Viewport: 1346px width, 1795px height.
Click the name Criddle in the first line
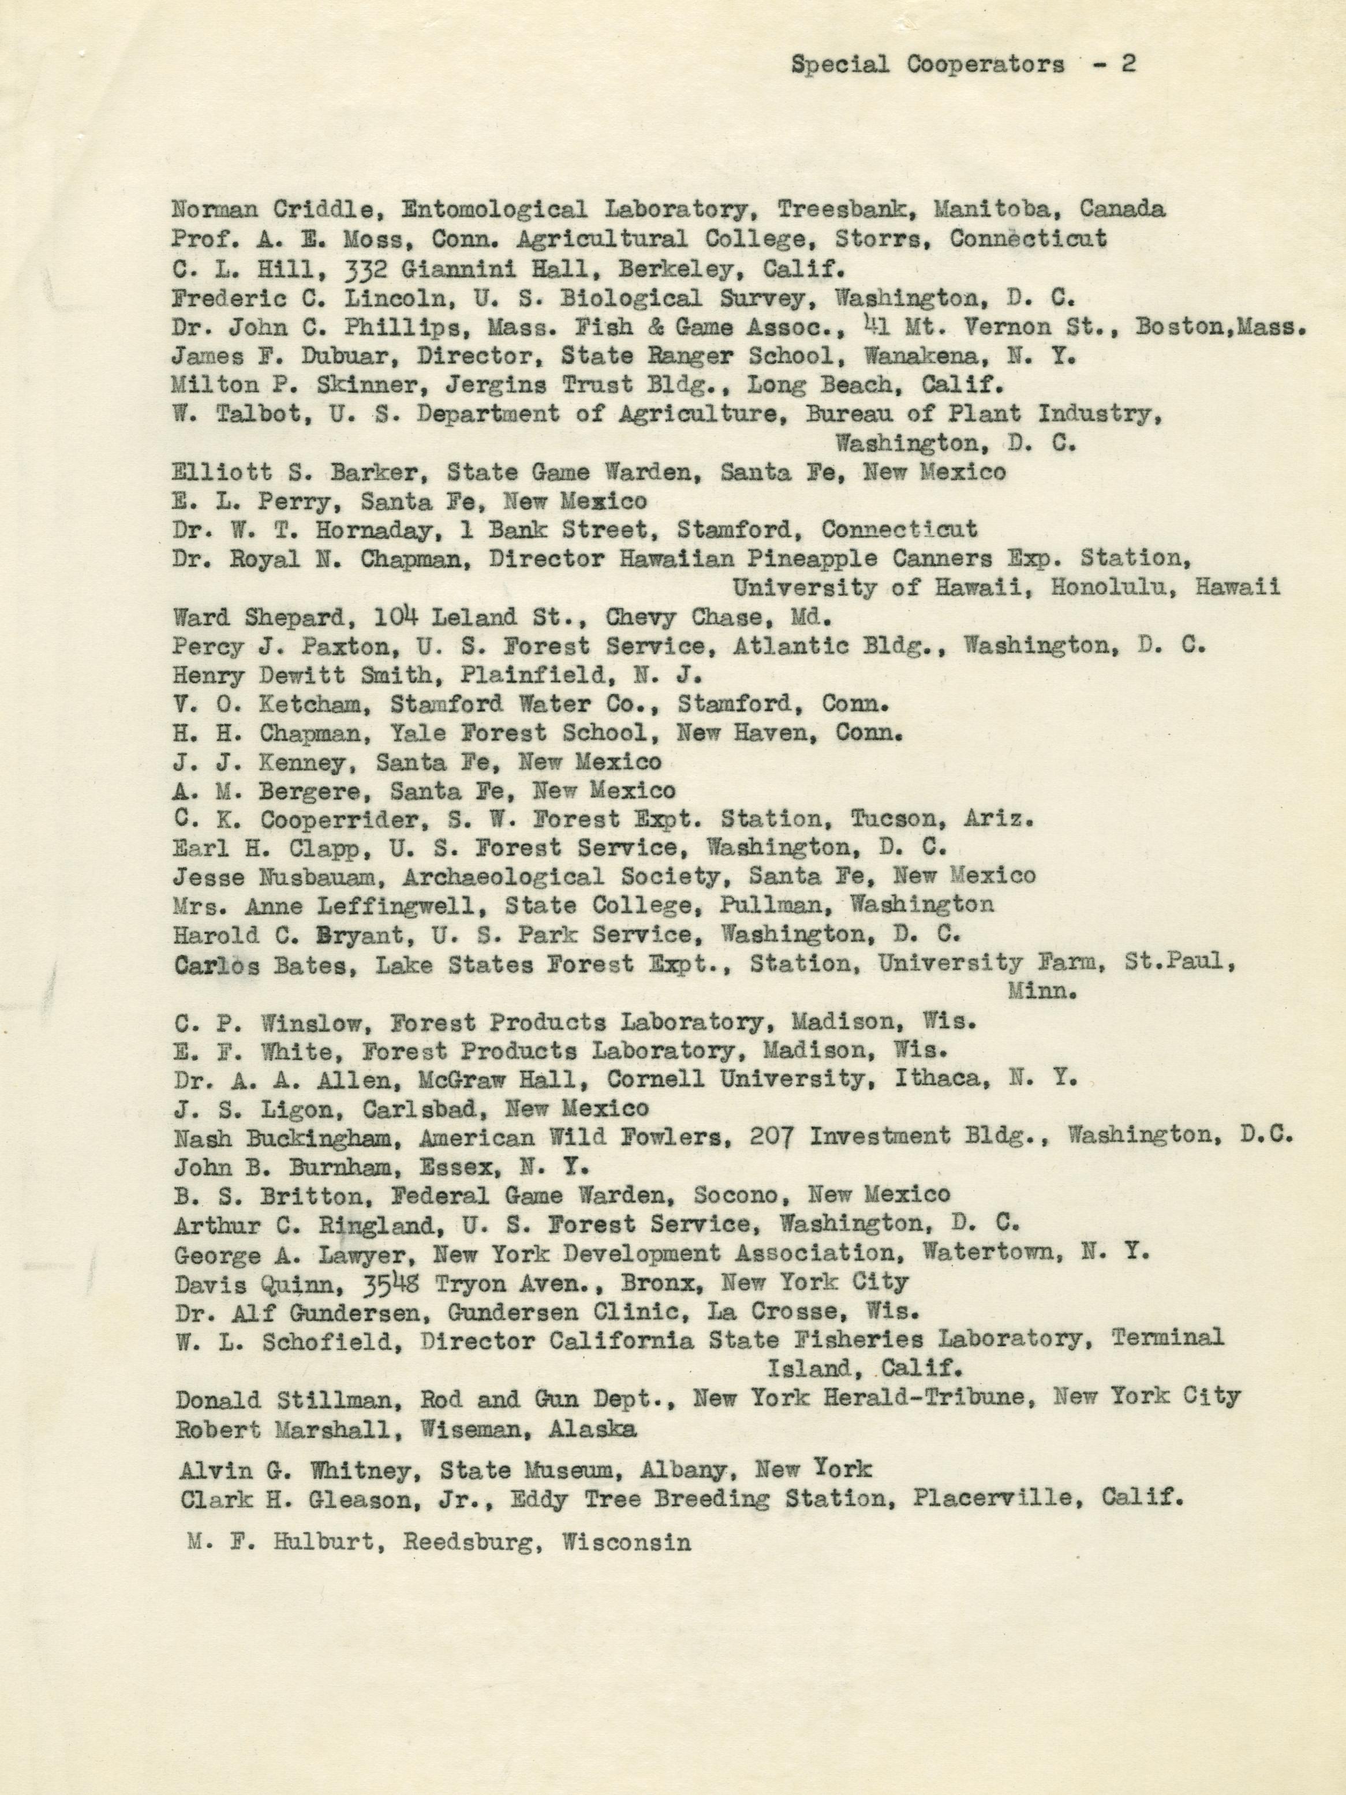314,210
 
